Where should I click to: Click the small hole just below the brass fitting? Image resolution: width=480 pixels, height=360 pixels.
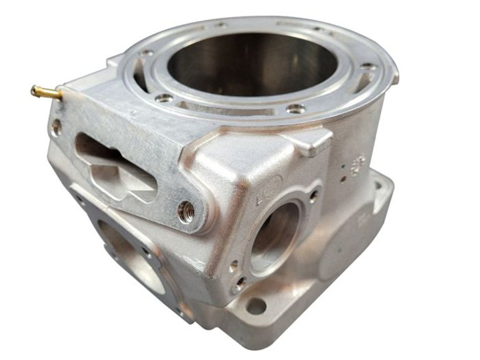click(57, 126)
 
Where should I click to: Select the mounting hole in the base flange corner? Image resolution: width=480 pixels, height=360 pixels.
click(256, 307)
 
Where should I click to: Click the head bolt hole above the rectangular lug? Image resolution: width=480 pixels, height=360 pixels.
click(295, 109)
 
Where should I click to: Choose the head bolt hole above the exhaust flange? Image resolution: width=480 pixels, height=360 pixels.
click(164, 98)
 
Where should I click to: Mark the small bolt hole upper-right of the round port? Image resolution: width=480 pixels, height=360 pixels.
click(313, 196)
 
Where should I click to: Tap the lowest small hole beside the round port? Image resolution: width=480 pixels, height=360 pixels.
click(240, 285)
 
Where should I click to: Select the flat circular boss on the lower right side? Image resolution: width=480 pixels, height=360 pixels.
click(344, 253)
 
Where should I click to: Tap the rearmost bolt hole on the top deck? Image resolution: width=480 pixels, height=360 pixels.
click(221, 25)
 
